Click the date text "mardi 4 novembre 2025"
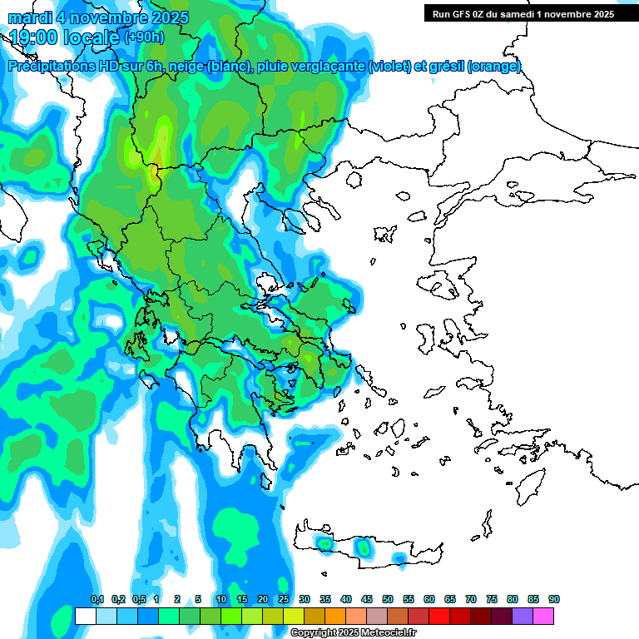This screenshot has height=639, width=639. [98, 17]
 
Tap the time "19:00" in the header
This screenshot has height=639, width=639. [35, 37]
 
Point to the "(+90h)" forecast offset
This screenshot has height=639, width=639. [145, 37]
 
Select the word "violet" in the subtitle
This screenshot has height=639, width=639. [389, 67]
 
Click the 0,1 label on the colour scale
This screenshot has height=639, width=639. [97, 600]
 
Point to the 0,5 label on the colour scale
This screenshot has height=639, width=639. [139, 600]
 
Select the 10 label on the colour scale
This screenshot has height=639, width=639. [221, 600]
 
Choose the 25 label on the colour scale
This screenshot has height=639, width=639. [284, 600]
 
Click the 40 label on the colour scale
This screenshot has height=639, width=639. [346, 600]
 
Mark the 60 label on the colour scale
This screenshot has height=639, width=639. [429, 600]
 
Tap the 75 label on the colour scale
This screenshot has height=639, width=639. [492, 600]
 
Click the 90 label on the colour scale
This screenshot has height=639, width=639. [554, 600]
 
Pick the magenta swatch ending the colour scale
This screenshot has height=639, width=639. [543, 616]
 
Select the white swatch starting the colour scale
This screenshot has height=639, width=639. [85, 616]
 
